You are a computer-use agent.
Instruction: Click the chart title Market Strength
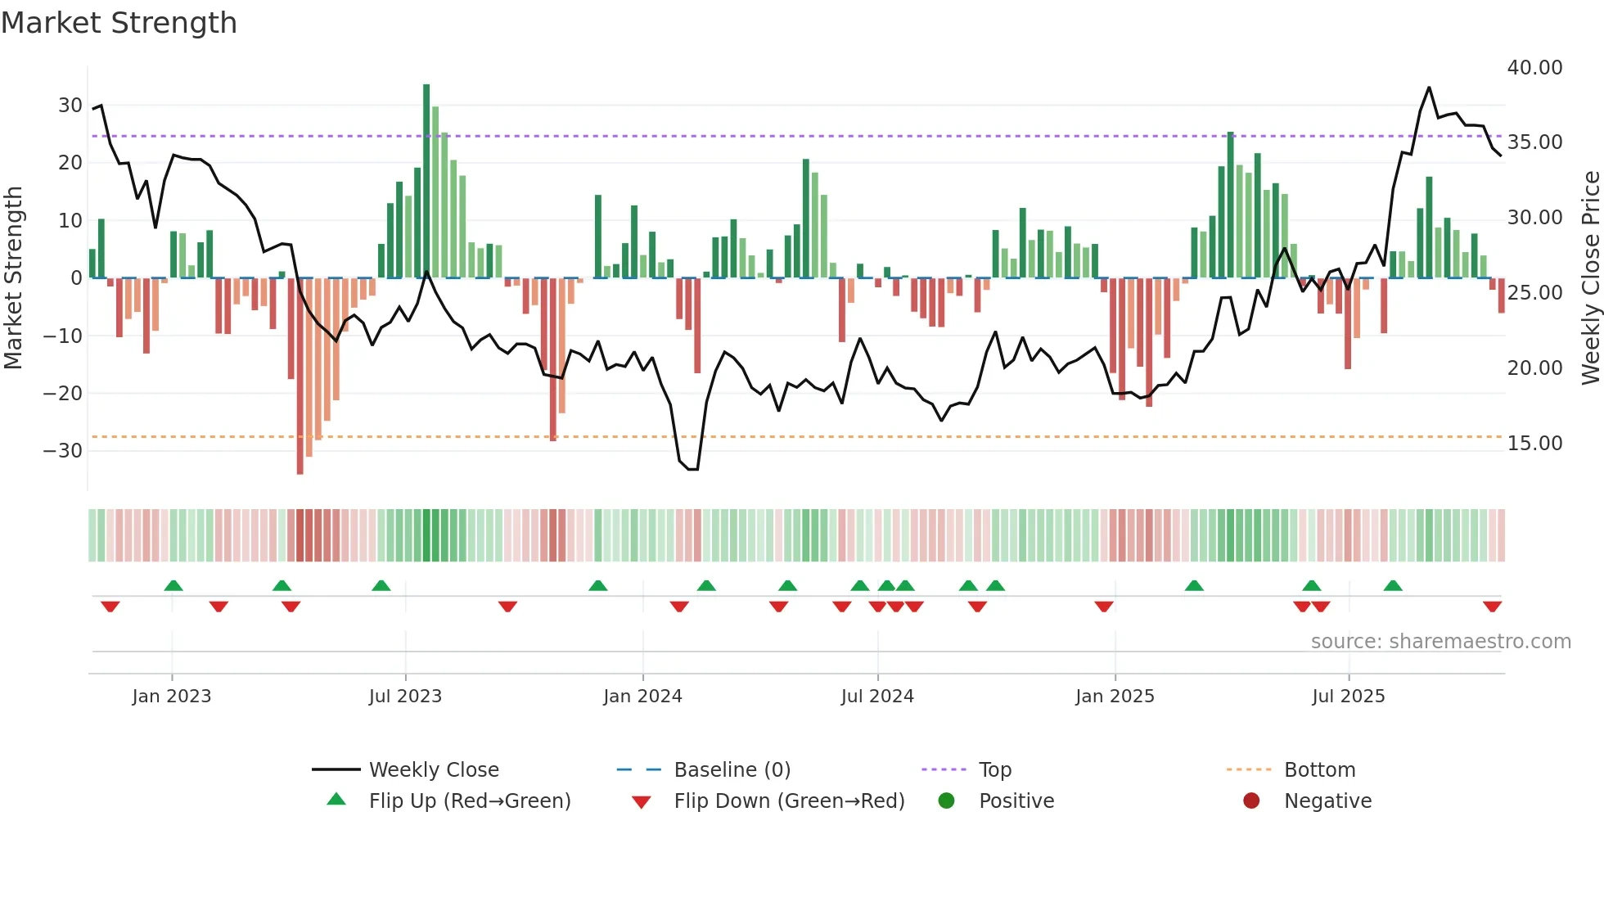click(119, 23)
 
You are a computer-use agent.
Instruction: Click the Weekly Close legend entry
click(433, 769)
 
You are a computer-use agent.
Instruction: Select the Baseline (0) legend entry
click(732, 769)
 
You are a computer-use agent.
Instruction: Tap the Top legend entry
click(994, 769)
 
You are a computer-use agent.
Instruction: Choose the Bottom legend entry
click(1319, 769)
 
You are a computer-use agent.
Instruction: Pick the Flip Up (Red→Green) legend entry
click(469, 801)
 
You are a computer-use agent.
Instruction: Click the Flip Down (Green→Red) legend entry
click(789, 801)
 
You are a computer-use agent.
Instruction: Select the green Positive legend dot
click(947, 801)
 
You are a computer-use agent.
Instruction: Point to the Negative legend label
click(1327, 801)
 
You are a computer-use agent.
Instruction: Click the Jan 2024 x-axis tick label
click(642, 697)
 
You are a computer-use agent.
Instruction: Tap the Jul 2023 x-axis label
click(405, 697)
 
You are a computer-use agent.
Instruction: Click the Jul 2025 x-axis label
click(1348, 697)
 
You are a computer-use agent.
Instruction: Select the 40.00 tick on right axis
click(1534, 68)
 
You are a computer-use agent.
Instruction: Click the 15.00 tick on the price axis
click(1534, 444)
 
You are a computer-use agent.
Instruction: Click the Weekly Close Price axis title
click(1590, 278)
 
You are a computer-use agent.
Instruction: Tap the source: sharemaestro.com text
click(1440, 642)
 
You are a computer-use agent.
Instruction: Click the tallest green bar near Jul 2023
click(426, 180)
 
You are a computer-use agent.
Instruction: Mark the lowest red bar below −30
click(300, 377)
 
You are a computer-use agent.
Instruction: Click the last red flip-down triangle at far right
click(1492, 607)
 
